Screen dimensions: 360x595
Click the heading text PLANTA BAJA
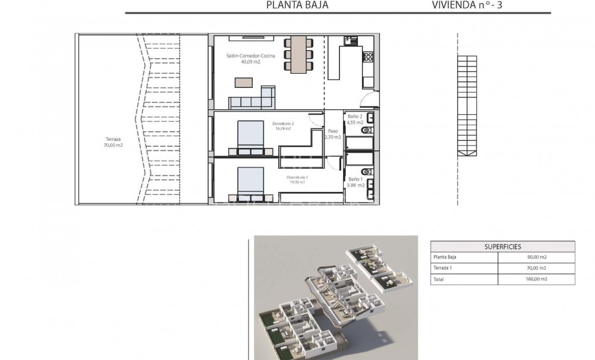click(x=297, y=5)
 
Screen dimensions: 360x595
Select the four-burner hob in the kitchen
click(x=368, y=57)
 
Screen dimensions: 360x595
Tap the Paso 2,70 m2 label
click(x=333, y=134)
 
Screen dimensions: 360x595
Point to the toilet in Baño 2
click(x=369, y=129)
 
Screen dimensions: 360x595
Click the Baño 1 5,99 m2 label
click(x=355, y=182)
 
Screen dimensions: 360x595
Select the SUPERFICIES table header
click(x=502, y=247)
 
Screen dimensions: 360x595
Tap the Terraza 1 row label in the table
click(x=444, y=269)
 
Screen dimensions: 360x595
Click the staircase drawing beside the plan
click(x=467, y=105)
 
